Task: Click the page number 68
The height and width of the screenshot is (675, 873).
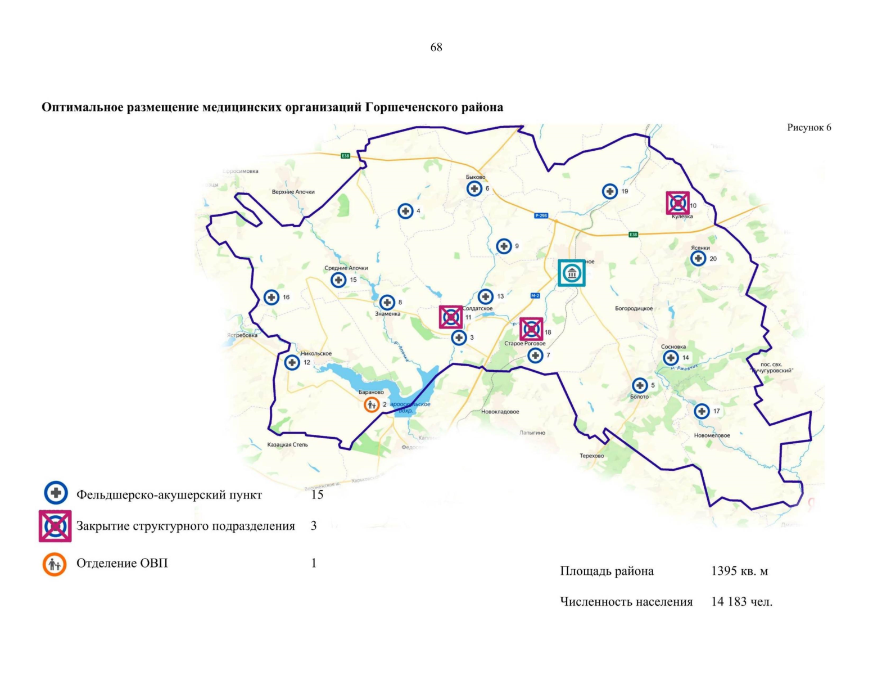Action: (436, 48)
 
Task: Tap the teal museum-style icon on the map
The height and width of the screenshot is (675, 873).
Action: (572, 273)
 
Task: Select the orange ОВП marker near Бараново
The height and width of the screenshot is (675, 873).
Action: (371, 404)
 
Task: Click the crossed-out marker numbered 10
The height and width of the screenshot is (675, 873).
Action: (678, 203)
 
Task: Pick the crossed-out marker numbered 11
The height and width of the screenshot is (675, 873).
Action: (451, 317)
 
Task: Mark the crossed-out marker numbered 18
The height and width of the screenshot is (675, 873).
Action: (531, 330)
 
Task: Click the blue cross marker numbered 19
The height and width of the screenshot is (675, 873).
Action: (610, 191)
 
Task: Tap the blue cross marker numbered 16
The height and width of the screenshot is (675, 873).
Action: (272, 297)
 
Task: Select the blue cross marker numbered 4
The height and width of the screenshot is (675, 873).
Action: (405, 211)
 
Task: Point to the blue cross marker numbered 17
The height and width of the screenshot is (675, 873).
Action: (702, 411)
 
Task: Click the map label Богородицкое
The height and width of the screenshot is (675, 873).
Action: (634, 308)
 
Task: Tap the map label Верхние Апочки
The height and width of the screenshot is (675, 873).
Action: (293, 192)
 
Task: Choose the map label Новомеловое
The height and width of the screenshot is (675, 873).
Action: (712, 435)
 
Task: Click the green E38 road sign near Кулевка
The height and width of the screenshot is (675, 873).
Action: (633, 235)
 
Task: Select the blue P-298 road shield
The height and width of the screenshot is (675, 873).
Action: (541, 215)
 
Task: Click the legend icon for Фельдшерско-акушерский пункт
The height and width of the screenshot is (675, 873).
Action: (56, 493)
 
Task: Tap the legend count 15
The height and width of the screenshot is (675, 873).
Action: (317, 494)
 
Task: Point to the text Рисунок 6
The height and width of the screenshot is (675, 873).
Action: (808, 128)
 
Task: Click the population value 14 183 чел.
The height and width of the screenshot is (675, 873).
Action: (741, 602)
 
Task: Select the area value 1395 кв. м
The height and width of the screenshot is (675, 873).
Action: (739, 571)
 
